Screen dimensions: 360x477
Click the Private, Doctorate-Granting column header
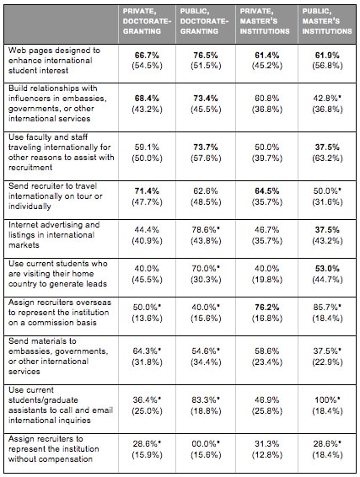click(147, 21)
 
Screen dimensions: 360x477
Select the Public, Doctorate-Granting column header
click(204, 21)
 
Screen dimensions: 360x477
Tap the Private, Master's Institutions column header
click(265, 21)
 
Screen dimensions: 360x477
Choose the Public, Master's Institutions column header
click(327, 21)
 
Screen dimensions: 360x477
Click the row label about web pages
click(54, 60)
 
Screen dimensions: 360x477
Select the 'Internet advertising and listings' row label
click(54, 235)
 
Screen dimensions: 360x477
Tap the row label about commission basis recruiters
click(60, 313)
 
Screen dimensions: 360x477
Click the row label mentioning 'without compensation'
click(54, 448)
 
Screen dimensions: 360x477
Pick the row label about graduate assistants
click(61, 405)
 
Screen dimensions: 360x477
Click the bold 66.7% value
click(147, 56)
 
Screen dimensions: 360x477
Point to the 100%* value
click(328, 399)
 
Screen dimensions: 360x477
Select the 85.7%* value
click(327, 308)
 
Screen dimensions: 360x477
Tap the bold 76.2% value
click(267, 308)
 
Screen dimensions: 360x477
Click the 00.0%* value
click(206, 443)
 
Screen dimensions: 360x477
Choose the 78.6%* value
click(206, 230)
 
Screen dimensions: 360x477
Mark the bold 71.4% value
click(147, 191)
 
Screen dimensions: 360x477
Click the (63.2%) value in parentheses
click(327, 158)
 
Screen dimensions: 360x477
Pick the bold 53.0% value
click(327, 269)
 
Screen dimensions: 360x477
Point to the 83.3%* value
click(206, 399)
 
